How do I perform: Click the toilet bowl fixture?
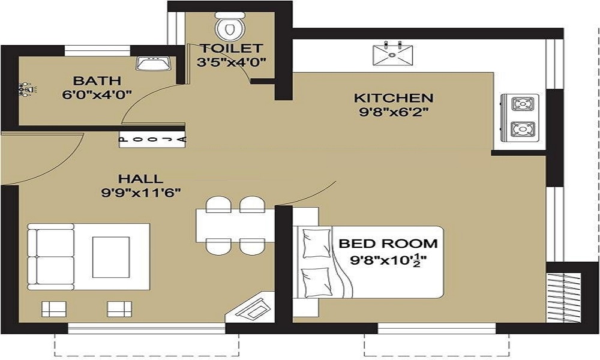(229, 26)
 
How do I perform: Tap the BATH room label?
(97, 81)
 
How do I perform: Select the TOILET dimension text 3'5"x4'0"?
(231, 62)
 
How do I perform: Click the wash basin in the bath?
(154, 63)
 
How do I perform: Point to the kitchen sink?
(392, 55)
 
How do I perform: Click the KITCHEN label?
(394, 98)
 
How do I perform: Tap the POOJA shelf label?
(153, 140)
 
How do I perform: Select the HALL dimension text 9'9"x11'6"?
(140, 193)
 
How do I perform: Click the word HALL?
(140, 179)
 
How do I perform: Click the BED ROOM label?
(388, 244)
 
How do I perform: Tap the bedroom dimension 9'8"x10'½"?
(388, 260)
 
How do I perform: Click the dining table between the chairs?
(235, 226)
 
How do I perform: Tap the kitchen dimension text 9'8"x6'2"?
(394, 112)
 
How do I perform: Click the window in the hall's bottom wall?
(146, 328)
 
